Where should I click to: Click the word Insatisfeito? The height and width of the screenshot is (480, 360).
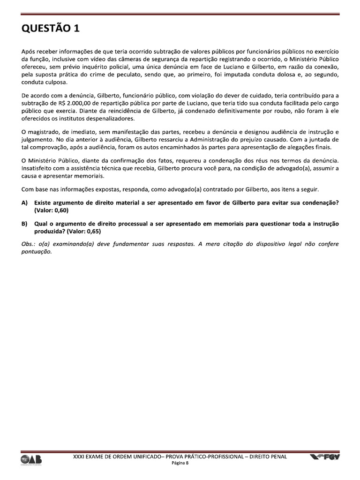point(39,168)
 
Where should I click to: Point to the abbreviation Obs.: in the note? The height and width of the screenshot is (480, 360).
point(29,244)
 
